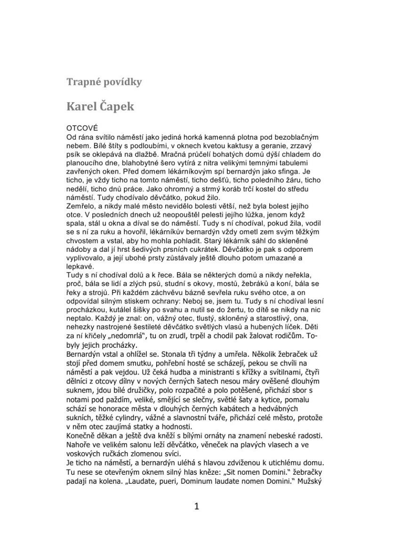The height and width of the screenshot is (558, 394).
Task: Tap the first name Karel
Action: pos(81,106)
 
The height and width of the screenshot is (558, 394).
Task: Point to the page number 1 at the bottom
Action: pos(197,506)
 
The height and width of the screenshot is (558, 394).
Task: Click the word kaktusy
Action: pos(234,146)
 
